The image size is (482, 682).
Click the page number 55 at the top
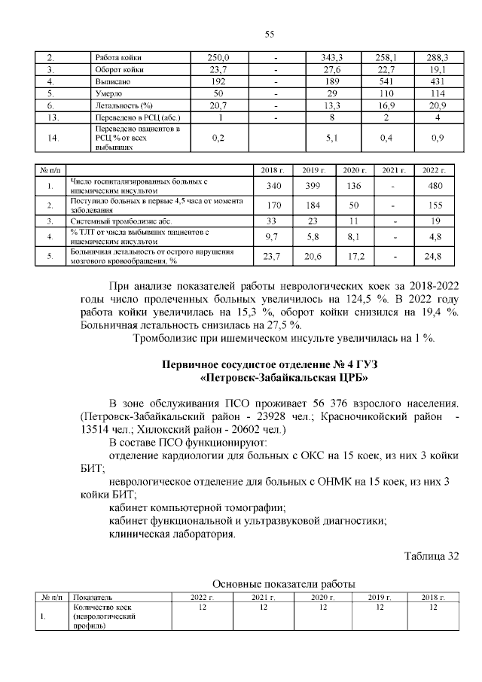click(x=268, y=34)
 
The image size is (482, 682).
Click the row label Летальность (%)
click(x=120, y=105)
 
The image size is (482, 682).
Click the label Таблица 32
click(x=431, y=556)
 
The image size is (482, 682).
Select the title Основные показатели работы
click(x=284, y=584)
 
